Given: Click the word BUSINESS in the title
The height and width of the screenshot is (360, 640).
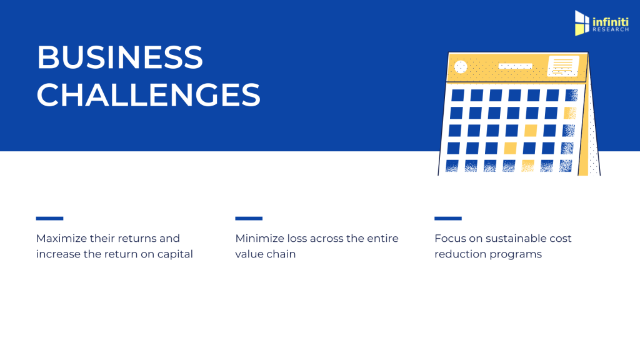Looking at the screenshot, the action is click(119, 57).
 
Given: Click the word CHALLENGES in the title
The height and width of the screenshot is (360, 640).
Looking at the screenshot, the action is click(149, 95).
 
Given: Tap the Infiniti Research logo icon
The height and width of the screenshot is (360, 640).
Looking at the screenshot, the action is click(582, 23).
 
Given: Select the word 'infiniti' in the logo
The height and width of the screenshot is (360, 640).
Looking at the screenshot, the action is click(611, 21).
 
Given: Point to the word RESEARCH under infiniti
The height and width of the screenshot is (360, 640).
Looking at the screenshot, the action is click(611, 30).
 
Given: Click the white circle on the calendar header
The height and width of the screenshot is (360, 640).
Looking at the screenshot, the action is click(461, 66).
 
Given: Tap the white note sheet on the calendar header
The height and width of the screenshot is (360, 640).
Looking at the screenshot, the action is click(563, 66).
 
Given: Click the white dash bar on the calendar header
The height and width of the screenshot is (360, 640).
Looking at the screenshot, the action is click(516, 66).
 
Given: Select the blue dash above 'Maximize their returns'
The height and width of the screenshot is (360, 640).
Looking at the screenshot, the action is click(49, 218).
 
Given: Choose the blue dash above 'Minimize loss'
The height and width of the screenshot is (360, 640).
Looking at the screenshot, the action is click(249, 218).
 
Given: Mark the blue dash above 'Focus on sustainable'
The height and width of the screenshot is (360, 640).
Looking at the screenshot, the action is click(447, 218).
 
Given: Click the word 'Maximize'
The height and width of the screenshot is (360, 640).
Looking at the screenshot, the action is click(61, 238).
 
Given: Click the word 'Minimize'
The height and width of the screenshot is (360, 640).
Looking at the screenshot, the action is click(259, 238).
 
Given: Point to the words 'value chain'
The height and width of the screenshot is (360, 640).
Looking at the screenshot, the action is click(265, 254).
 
